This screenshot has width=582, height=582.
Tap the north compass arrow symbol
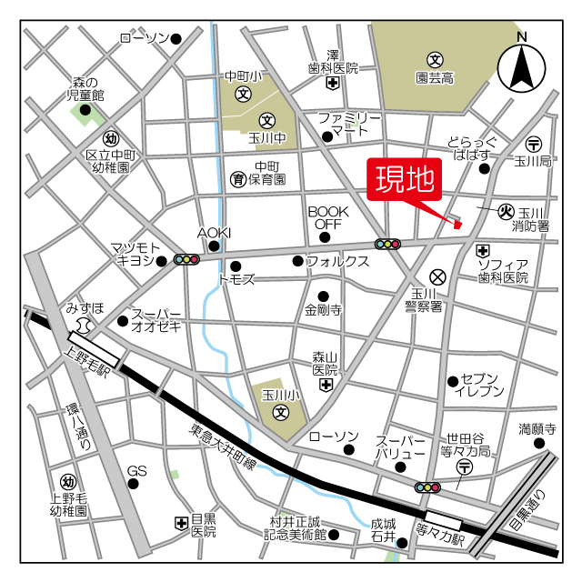click(521, 65)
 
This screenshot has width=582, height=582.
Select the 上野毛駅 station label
click(88, 349)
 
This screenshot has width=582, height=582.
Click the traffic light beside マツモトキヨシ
click(186, 259)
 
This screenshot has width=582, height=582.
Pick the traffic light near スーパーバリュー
click(426, 487)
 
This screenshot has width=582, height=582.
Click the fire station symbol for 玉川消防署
click(507, 211)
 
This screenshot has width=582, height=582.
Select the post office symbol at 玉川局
click(534, 144)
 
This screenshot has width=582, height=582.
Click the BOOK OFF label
click(326, 216)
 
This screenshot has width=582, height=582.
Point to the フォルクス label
click(337, 261)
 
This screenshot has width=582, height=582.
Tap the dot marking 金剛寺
click(323, 296)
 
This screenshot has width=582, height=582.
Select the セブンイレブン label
click(482, 384)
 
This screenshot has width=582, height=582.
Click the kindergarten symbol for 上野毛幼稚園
click(67, 481)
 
